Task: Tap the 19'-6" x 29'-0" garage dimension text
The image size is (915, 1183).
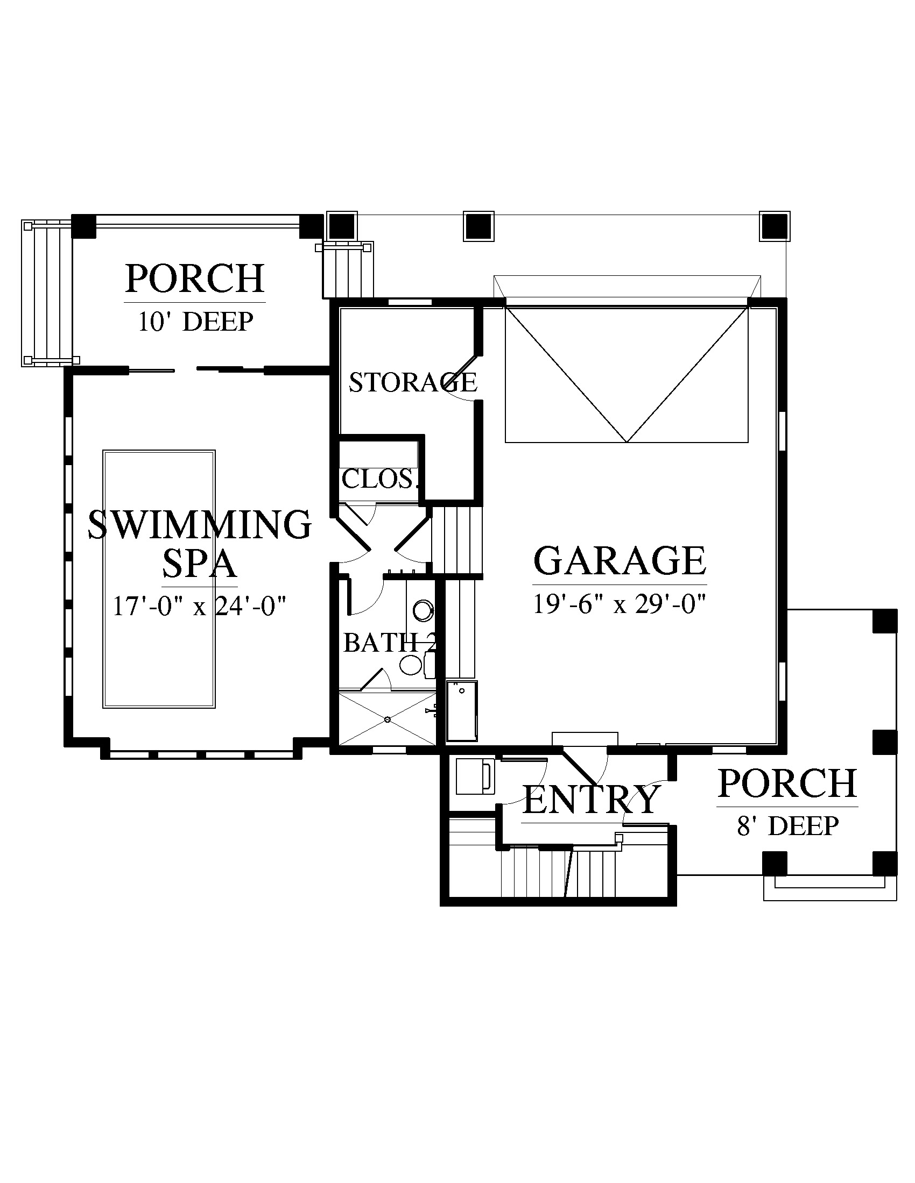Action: (620, 604)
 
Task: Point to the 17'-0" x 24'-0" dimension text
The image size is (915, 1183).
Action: (200, 605)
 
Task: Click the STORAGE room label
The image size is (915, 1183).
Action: (413, 382)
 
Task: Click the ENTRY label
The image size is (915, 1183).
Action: (592, 799)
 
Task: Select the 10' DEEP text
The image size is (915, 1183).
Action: (196, 321)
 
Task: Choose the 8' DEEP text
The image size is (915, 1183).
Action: (787, 826)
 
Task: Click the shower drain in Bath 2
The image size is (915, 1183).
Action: (388, 719)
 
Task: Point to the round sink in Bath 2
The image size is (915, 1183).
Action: (423, 610)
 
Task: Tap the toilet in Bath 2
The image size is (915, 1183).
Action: (417, 665)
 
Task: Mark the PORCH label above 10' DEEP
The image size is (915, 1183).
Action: (195, 278)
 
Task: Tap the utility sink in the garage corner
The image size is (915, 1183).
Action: (462, 711)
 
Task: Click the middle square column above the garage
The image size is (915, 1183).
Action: (478, 225)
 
